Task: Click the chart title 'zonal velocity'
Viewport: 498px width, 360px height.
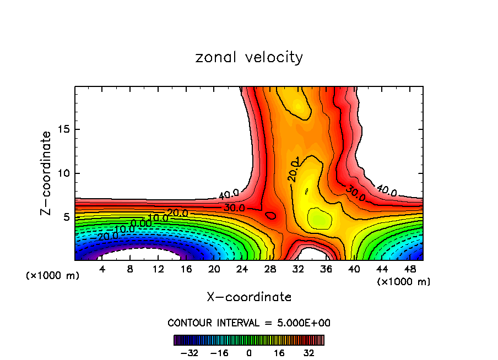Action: pos(249,57)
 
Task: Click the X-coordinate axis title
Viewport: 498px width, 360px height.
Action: pos(249,297)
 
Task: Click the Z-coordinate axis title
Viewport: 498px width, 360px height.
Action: pos(47,173)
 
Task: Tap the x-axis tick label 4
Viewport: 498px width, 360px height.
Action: pos(102,269)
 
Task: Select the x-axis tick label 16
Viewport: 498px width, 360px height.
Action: pos(186,269)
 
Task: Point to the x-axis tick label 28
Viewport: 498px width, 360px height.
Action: pos(270,269)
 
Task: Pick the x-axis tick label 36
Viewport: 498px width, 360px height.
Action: pos(326,269)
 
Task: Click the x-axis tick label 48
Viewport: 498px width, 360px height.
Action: pos(410,269)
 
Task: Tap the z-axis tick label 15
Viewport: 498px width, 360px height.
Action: pos(63,130)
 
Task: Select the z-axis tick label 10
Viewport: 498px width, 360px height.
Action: pos(63,173)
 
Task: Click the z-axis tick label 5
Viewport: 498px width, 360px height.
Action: pos(66,217)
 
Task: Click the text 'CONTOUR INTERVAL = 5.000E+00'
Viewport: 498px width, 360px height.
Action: pos(249,323)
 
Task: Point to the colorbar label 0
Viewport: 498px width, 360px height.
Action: pos(249,353)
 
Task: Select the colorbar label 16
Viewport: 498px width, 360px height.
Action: pos(279,353)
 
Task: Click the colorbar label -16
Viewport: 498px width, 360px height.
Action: pos(219,353)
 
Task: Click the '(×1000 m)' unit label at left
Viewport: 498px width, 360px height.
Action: pos(53,276)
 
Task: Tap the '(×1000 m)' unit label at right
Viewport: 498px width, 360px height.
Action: pos(404,282)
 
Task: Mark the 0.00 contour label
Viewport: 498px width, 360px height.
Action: pos(141,223)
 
